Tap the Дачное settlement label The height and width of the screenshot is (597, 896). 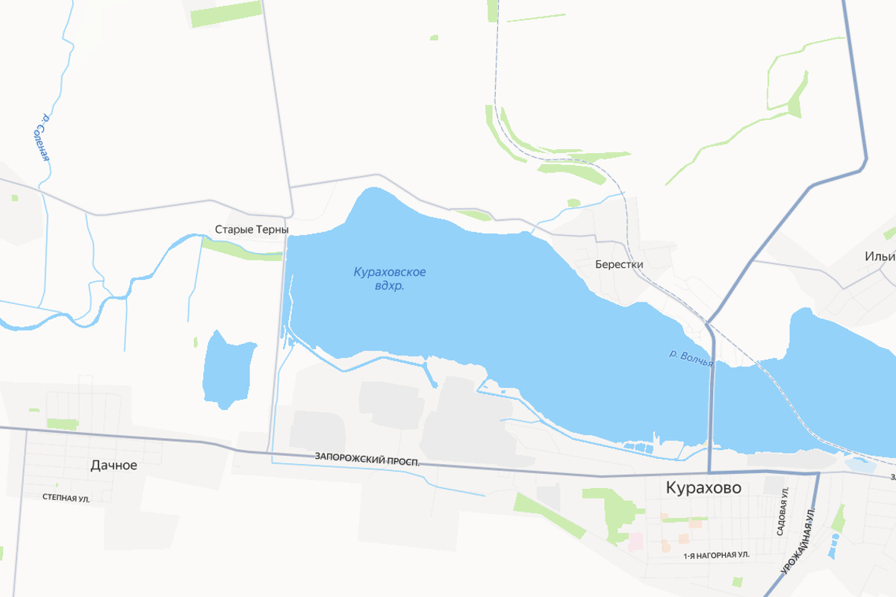pos(113,465)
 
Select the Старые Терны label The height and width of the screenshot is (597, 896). pos(251,230)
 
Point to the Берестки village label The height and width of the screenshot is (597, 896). pos(619,264)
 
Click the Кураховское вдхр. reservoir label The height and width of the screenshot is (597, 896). pos(390,278)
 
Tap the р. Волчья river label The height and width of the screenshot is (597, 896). pos(691,358)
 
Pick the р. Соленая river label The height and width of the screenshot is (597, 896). pos(41,137)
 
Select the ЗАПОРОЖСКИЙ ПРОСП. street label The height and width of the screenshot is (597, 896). pos(367,457)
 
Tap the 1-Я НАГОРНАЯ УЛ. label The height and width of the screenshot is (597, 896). pos(716,556)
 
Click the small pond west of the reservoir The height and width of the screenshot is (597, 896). pos(226,369)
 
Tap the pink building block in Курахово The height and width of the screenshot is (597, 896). pos(635,540)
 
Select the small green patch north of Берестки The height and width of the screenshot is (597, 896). pos(573,202)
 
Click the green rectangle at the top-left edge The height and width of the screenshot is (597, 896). pos(226,13)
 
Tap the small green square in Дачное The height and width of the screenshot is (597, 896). pos(63,424)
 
